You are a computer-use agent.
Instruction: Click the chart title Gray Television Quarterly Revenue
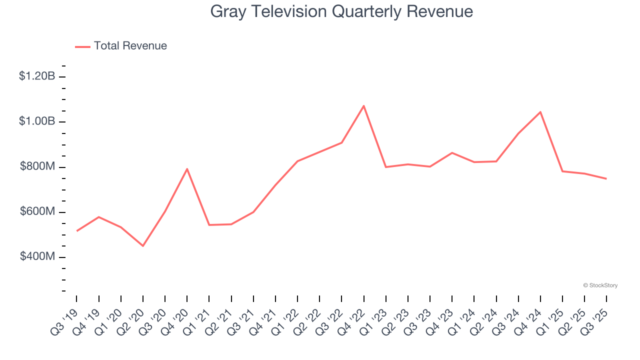coord(341,11)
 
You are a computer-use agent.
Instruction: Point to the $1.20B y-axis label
coord(37,76)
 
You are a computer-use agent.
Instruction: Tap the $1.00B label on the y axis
coord(37,121)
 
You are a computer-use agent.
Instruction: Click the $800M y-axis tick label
coord(37,166)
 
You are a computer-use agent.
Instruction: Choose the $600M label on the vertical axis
coord(37,212)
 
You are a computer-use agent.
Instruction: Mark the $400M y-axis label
coord(37,257)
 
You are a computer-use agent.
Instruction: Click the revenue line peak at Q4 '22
coord(363,105)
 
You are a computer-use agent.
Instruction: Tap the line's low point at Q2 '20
coord(143,246)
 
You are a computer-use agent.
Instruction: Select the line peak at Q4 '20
coord(187,169)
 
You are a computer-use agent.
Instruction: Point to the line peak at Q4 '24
coord(540,112)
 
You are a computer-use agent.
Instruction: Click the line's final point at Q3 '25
coord(606,178)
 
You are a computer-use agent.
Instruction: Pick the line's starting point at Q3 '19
coord(76,231)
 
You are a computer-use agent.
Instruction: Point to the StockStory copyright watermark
coord(600,285)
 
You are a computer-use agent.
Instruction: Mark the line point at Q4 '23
coord(452,152)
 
